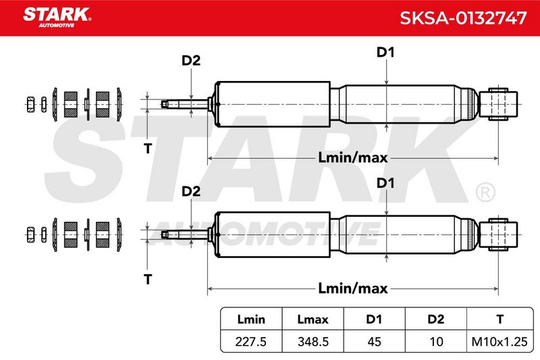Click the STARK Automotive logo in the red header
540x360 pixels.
(x=57, y=17)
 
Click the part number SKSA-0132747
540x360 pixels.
(x=463, y=18)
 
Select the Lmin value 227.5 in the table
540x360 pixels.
(x=250, y=342)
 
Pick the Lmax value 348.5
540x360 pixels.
(x=313, y=342)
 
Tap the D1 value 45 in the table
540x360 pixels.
(x=375, y=342)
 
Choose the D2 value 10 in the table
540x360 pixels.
(x=436, y=342)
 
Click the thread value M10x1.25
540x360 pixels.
(x=500, y=342)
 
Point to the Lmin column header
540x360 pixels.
(x=251, y=319)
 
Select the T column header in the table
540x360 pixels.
(x=500, y=319)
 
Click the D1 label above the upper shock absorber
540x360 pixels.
(x=385, y=53)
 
